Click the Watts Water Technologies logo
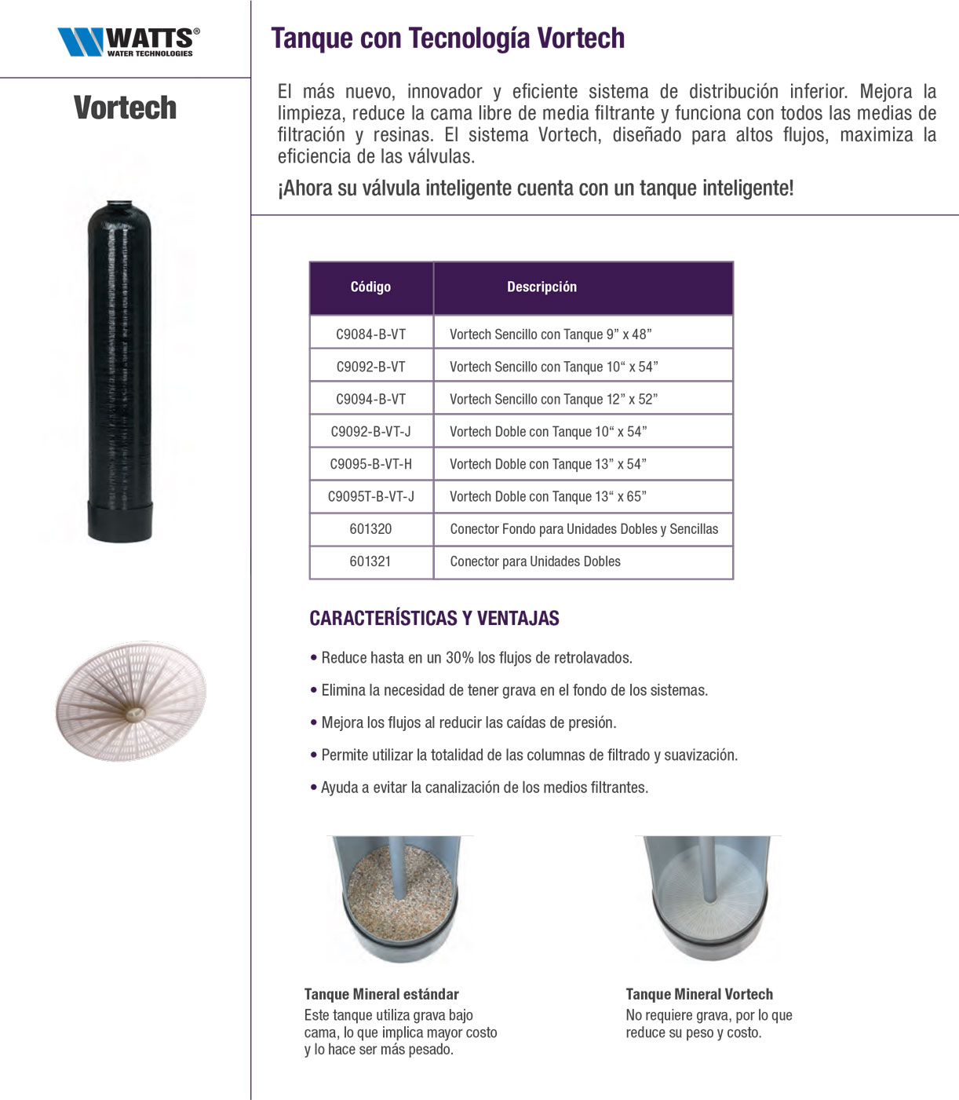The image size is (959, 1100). coord(128,41)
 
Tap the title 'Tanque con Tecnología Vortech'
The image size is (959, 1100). coord(447,38)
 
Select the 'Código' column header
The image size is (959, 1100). coord(370,287)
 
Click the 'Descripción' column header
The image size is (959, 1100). coord(541,287)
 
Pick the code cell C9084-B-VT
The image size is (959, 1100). coord(370,334)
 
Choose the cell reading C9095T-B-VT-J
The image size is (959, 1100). coord(370,497)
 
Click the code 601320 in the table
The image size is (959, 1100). coord(370,529)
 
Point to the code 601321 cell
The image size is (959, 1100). coord(370,561)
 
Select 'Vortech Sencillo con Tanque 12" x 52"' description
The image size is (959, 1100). coord(553,400)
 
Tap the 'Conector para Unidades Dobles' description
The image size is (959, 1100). coord(535,561)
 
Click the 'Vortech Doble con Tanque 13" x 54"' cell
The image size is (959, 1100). coord(548,464)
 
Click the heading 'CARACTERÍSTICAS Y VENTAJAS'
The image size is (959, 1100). coord(434,619)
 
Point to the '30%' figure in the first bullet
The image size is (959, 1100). coord(459,658)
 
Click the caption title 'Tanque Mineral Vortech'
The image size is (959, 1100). coord(699,994)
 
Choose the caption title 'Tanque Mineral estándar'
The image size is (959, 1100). coord(381,994)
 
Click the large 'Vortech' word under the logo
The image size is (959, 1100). coord(125,108)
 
